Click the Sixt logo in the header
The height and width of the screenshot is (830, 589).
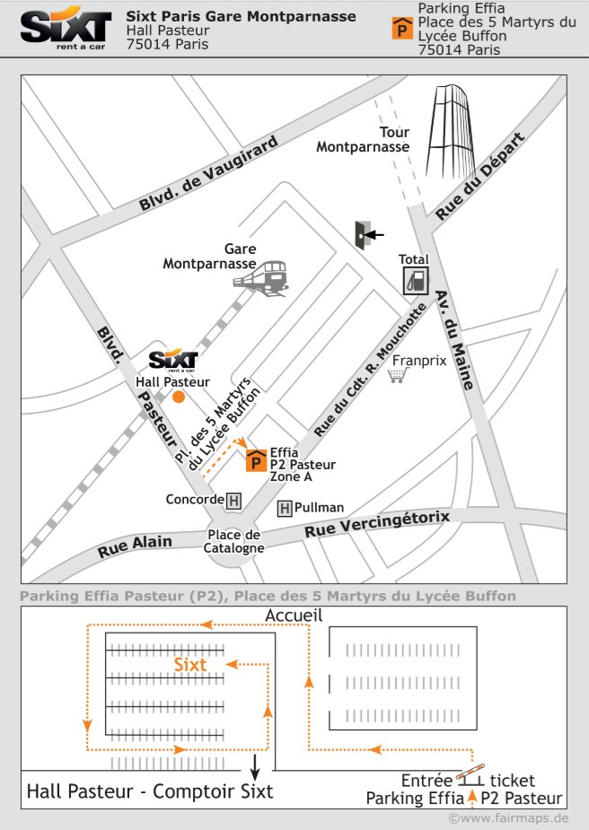click(66, 30)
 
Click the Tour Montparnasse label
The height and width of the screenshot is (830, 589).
click(363, 140)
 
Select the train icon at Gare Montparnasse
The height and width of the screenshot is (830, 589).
click(261, 279)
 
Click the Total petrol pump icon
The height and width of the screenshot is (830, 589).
click(414, 279)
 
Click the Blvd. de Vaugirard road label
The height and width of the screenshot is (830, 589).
click(208, 180)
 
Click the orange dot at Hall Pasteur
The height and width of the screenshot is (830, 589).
click(179, 397)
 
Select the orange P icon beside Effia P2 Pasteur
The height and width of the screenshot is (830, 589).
click(256, 460)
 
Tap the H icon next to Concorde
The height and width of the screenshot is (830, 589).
click(234, 499)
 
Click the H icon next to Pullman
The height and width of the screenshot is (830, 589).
click(285, 508)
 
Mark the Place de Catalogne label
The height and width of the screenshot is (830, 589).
click(233, 542)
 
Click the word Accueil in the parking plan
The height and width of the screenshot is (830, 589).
click(294, 616)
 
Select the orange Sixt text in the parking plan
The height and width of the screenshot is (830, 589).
click(190, 664)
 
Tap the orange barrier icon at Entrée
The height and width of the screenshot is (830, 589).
click(470, 770)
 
